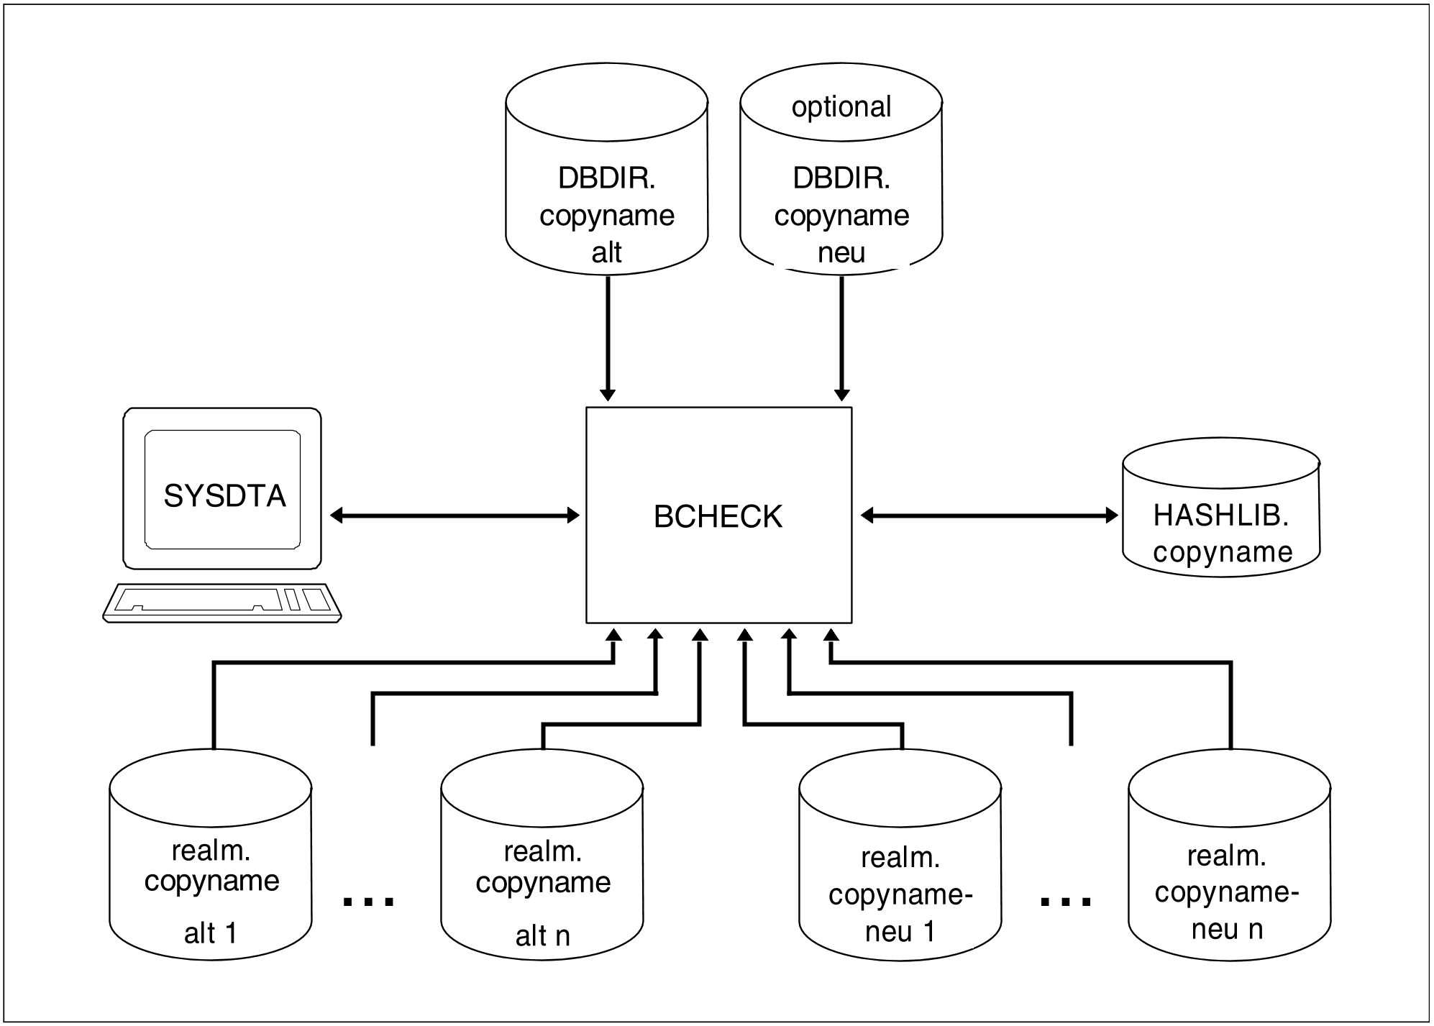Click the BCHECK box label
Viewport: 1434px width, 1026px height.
[x=718, y=517]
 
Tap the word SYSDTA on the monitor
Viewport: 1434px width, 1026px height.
[x=224, y=496]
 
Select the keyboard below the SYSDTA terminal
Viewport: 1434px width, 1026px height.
[x=222, y=602]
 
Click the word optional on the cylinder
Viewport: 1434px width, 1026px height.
[x=841, y=107]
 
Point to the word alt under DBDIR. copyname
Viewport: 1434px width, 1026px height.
[x=606, y=253]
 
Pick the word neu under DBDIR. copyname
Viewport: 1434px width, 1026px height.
[x=841, y=253]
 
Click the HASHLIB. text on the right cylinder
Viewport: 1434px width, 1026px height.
[x=1220, y=515]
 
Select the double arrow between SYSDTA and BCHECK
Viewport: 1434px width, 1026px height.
[x=455, y=515]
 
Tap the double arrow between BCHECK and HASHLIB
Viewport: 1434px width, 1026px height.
[x=989, y=515]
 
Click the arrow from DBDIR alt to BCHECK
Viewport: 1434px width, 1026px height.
[x=608, y=338]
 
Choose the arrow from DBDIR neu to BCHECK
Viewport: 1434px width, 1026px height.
[x=842, y=338]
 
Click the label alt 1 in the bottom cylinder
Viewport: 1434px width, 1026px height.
[x=210, y=933]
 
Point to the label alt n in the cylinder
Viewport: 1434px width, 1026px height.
[x=542, y=936]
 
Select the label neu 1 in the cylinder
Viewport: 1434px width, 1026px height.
[x=900, y=932]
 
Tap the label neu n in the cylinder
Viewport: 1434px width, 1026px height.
[x=1227, y=930]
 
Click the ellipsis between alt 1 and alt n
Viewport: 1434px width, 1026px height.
[x=368, y=900]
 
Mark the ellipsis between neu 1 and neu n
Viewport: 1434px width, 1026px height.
[x=1066, y=900]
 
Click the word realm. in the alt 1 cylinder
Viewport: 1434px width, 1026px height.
[x=211, y=851]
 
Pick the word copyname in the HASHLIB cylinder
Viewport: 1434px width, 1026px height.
[x=1223, y=552]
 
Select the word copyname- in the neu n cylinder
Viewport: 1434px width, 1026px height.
[x=1227, y=893]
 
